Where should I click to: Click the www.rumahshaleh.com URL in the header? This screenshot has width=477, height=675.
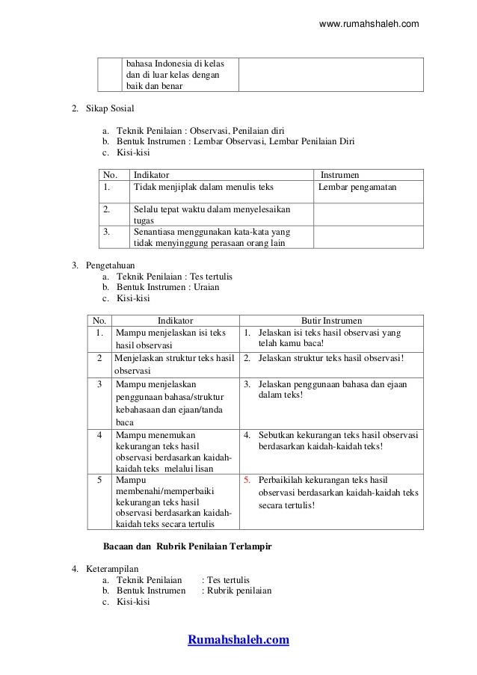pos(369,25)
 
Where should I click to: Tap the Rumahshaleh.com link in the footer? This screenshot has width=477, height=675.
pos(238,640)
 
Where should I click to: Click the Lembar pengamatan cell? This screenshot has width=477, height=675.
pos(357,187)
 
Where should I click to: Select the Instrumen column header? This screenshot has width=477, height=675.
pos(339,173)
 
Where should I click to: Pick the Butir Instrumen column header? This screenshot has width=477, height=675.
pos(330,320)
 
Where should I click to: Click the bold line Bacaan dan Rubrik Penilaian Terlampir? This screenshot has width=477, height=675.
pos(186,546)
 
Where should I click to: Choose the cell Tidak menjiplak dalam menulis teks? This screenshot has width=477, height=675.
pos(204,187)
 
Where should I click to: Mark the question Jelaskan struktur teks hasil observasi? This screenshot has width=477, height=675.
pos(331,357)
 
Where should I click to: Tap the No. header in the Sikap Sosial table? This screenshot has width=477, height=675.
pos(110,173)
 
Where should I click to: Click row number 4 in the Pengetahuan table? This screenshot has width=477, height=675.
pos(99,434)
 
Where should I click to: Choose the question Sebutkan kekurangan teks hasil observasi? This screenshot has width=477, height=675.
pos(338,434)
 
